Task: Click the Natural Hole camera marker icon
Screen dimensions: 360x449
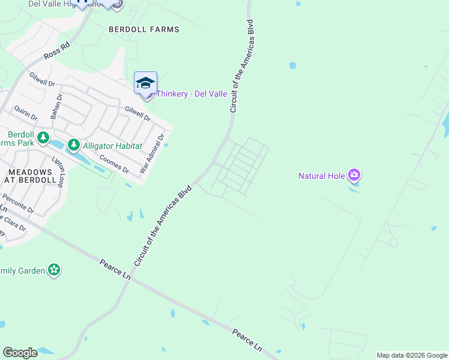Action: [354, 175]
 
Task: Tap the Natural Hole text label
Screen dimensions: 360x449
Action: [322, 176]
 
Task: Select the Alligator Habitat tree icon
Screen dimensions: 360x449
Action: [73, 145]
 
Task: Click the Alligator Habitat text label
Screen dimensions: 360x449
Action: [112, 146]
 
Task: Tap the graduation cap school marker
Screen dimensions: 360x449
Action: [145, 83]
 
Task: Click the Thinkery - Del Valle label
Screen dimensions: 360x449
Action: [191, 94]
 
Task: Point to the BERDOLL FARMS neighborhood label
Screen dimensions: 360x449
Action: [144, 29]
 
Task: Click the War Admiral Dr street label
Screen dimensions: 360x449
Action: [152, 154]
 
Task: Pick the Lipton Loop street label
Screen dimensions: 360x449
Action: [58, 173]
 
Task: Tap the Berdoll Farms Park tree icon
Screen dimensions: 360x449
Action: [43, 139]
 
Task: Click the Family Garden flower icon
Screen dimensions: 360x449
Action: [55, 270]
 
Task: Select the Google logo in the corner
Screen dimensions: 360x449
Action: [20, 353]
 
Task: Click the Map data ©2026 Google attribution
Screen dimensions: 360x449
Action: [412, 355]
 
